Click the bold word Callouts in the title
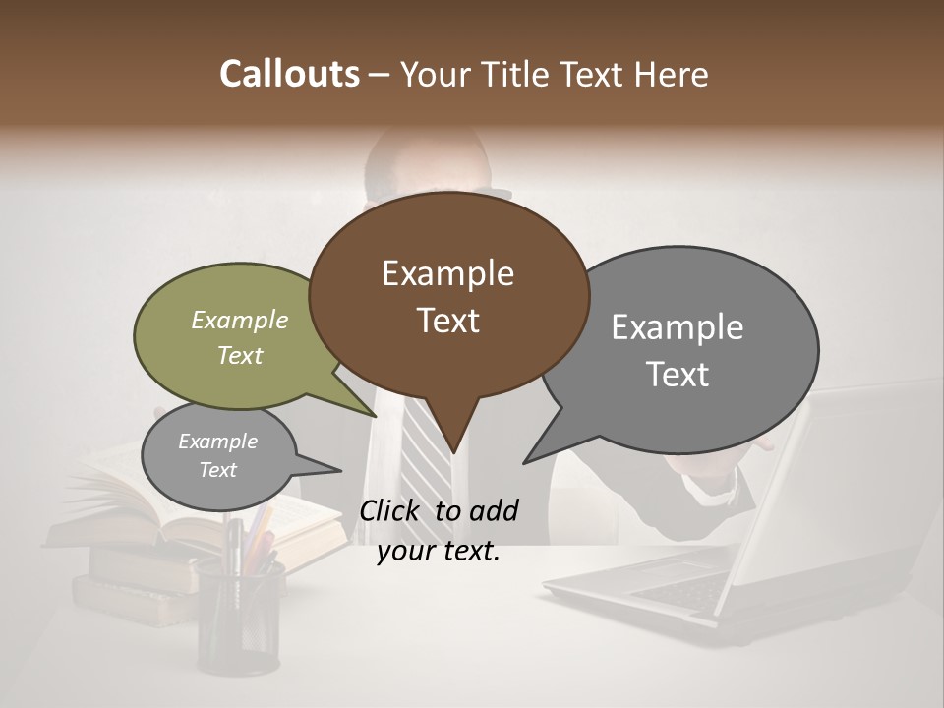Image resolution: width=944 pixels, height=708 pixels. [x=289, y=74]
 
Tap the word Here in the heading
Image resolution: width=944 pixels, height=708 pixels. [x=673, y=74]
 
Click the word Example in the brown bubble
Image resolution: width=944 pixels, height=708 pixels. [x=447, y=273]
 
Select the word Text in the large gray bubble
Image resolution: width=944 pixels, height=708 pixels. [x=678, y=375]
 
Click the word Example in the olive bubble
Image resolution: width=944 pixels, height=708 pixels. [x=239, y=321]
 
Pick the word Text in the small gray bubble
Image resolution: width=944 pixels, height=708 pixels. [x=217, y=470]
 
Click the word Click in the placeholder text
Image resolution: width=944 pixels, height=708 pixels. [x=392, y=510]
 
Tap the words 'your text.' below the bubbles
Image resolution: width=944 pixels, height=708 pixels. [x=439, y=552]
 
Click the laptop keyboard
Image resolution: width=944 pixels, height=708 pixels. [x=669, y=590]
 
